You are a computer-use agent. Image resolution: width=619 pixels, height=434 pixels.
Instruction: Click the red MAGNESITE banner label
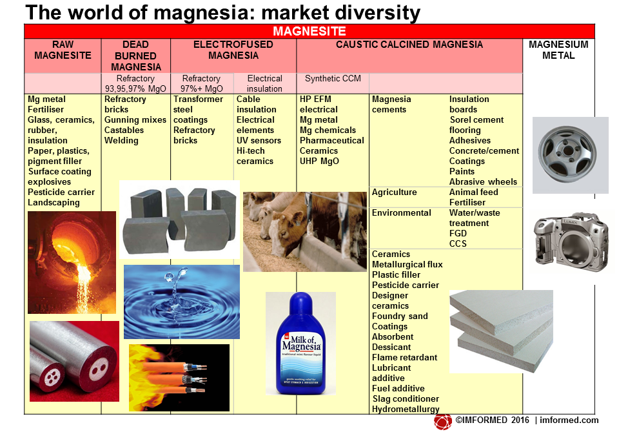click(x=309, y=31)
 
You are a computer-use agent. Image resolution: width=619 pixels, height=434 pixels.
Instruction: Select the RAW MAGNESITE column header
click(x=63, y=50)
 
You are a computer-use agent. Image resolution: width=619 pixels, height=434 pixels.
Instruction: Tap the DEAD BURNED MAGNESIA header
click(x=136, y=56)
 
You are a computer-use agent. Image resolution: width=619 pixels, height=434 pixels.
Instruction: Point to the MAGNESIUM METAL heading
click(x=558, y=50)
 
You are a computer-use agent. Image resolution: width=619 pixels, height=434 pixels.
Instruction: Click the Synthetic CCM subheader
click(x=333, y=78)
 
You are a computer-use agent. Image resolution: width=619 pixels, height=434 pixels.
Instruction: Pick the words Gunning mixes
click(x=135, y=119)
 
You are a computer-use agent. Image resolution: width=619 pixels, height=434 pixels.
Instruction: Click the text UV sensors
click(x=259, y=140)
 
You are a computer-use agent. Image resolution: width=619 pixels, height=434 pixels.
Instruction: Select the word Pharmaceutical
click(x=331, y=140)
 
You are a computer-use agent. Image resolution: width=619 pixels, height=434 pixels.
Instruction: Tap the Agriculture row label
click(x=395, y=192)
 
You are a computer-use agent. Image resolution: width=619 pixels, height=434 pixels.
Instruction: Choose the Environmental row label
click(x=402, y=212)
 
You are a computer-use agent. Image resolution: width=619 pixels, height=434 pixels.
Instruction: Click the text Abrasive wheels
click(x=483, y=182)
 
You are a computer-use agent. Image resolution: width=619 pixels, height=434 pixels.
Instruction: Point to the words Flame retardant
click(x=405, y=357)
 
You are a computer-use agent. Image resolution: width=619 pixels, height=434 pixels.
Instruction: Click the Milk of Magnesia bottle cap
click(x=301, y=305)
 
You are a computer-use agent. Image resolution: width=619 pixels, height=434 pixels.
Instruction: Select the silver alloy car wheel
click(x=567, y=154)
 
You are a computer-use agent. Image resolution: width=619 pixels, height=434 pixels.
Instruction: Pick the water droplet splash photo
click(x=182, y=302)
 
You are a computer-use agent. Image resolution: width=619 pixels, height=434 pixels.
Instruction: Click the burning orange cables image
click(x=179, y=377)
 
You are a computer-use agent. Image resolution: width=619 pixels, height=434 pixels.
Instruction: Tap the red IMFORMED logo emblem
click(x=442, y=422)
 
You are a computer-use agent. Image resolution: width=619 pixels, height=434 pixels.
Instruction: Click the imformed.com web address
click(x=569, y=420)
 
